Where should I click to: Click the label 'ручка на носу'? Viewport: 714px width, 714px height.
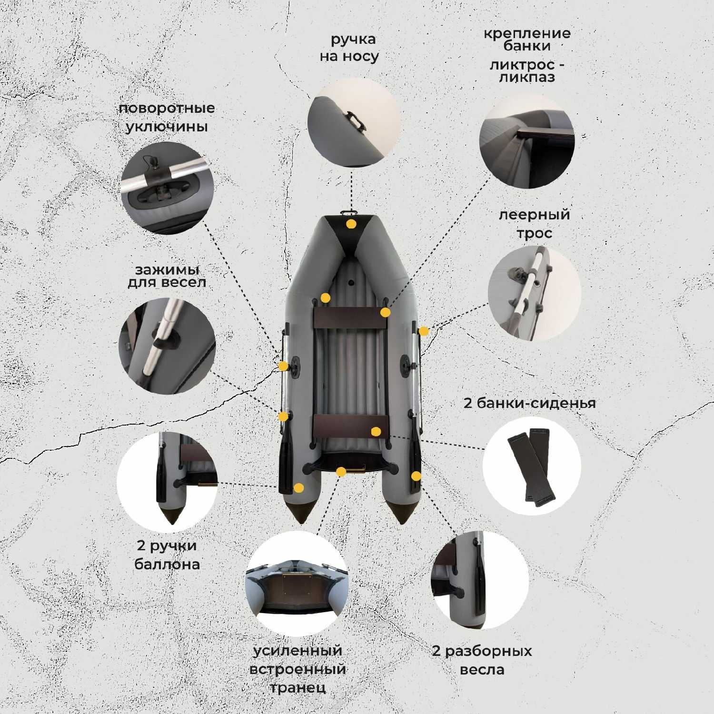click(349, 48)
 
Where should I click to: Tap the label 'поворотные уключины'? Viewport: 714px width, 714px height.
click(167, 118)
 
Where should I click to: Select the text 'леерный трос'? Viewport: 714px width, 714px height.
click(534, 224)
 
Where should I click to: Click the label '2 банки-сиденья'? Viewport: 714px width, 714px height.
click(529, 403)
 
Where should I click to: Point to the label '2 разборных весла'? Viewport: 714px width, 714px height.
click(482, 660)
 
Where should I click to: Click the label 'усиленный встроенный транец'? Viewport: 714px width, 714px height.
click(297, 669)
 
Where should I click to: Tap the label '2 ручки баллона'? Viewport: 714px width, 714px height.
click(167, 555)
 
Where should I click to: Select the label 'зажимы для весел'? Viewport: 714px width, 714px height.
click(167, 276)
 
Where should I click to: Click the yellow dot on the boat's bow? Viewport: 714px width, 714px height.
click(351, 224)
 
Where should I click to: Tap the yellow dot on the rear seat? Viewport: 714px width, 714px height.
click(376, 432)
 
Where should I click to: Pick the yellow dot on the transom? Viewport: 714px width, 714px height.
click(341, 472)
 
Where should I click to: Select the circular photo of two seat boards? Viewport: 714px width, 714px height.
click(532, 465)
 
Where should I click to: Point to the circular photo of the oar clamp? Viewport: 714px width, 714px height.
click(167, 346)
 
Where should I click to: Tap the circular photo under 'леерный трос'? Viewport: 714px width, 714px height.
click(535, 293)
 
